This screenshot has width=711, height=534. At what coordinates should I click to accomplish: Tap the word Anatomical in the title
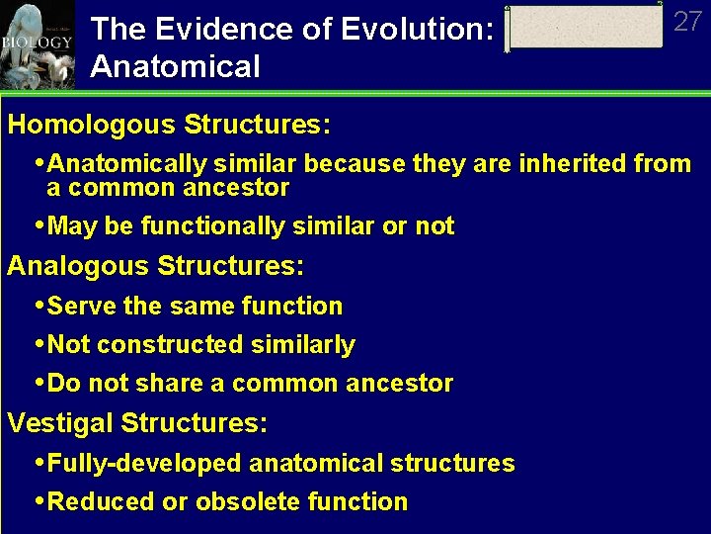[175, 67]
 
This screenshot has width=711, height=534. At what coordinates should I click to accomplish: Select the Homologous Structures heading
[169, 126]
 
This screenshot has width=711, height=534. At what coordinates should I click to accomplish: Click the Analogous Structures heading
[156, 267]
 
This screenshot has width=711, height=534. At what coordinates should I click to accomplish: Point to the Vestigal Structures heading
[137, 423]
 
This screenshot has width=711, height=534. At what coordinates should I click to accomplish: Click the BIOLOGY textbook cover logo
[38, 44]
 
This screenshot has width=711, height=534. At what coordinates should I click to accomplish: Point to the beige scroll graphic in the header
[584, 27]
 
